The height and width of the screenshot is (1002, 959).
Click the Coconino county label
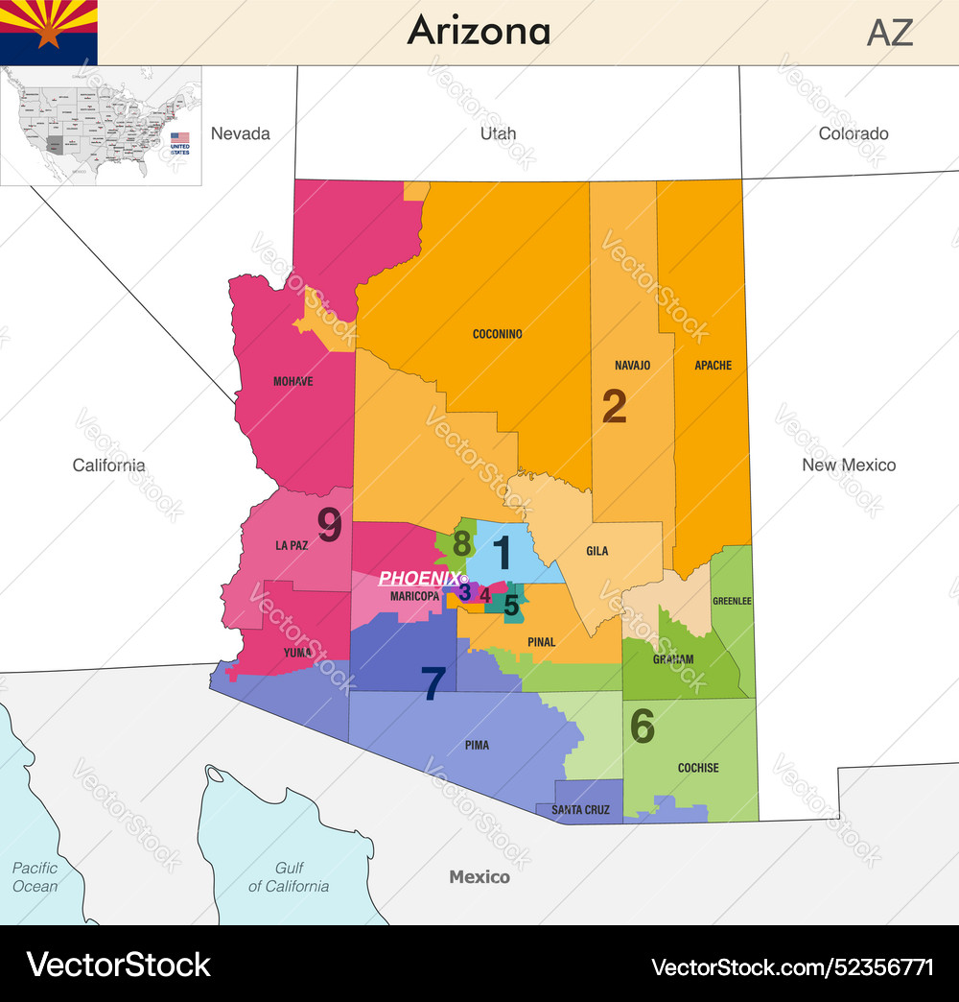[497, 334]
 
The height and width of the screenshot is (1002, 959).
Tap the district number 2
[614, 407]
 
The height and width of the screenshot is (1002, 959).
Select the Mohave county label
[292, 381]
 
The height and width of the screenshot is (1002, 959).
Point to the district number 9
[329, 525]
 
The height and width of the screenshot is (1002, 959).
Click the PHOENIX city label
[419, 578]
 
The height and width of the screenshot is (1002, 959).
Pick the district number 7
[433, 683]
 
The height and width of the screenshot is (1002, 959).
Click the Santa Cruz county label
[580, 810]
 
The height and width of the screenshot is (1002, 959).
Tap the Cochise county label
[697, 768]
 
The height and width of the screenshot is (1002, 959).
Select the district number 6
[642, 727]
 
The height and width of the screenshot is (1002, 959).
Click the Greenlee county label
[732, 602]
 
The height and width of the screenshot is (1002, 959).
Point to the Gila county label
[597, 552]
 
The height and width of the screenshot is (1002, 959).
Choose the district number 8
[461, 543]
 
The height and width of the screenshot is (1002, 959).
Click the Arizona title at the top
[479, 31]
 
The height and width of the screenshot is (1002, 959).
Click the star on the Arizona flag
[48, 35]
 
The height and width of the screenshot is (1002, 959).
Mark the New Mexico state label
[849, 465]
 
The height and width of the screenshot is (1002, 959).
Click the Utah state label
[498, 133]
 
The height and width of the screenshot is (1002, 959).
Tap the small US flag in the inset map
[179, 138]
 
